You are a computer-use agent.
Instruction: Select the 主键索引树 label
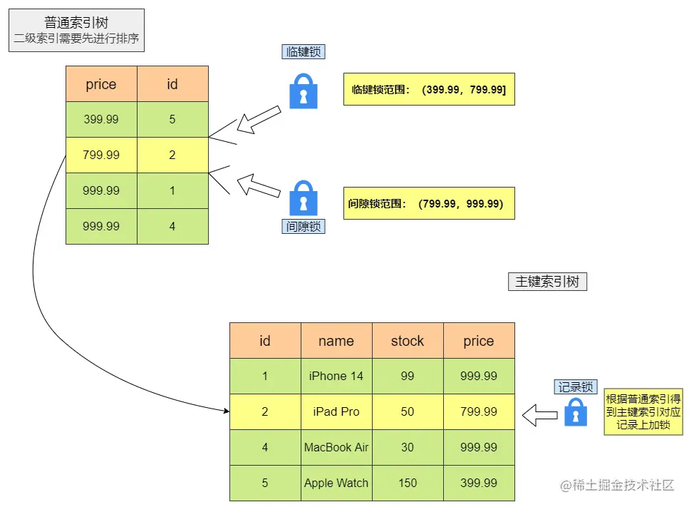point(546,282)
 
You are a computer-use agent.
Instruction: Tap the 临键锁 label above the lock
point(304,52)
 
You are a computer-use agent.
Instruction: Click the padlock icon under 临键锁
point(304,91)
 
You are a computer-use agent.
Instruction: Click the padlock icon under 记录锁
point(576,412)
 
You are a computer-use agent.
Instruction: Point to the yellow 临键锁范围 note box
point(428,90)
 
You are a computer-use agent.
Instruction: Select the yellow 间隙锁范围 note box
point(428,204)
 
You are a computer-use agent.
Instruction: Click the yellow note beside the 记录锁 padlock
point(643,412)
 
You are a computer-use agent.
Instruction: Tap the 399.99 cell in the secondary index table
point(101,120)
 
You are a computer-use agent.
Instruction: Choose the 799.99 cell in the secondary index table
point(101,155)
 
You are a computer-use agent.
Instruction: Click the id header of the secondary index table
point(172,84)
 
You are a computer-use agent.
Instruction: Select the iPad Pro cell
point(336,412)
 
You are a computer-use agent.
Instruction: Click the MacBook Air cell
point(336,448)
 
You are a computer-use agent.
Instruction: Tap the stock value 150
point(408,483)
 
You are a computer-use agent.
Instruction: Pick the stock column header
point(408,341)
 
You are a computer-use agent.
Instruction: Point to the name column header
point(336,341)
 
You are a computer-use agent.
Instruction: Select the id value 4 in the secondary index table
point(172,227)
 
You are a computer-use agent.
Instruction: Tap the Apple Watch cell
point(336,483)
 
